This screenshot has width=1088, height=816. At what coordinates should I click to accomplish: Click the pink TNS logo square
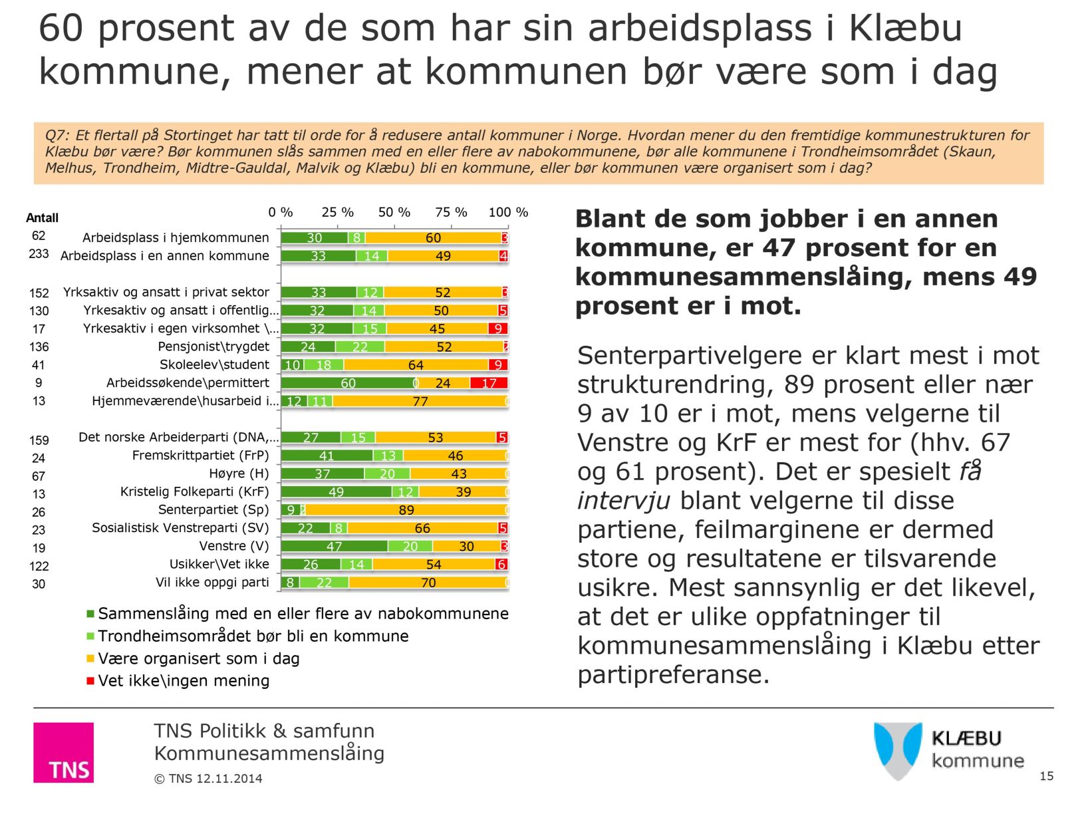pyautogui.click(x=63, y=752)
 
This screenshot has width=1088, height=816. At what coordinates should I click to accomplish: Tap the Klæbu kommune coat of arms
pyautogui.click(x=898, y=750)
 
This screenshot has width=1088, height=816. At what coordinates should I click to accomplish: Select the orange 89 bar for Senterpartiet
pyautogui.click(x=406, y=510)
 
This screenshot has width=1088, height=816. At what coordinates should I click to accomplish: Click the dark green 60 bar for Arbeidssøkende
pyautogui.click(x=348, y=383)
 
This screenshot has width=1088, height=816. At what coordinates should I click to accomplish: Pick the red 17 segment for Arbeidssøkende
pyautogui.click(x=489, y=383)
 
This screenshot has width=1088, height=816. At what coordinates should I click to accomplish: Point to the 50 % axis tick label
pyautogui.click(x=394, y=212)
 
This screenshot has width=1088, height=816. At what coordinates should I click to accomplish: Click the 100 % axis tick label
pyautogui.click(x=508, y=212)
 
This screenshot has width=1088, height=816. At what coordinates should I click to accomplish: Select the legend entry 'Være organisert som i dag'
pyautogui.click(x=198, y=658)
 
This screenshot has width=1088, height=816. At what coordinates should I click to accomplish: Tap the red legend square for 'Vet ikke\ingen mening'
pyautogui.click(x=90, y=680)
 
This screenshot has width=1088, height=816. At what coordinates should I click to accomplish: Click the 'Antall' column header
pyautogui.click(x=42, y=217)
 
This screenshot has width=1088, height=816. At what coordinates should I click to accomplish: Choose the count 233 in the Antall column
pyautogui.click(x=39, y=254)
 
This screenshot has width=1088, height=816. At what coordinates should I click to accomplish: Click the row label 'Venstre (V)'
pyautogui.click(x=234, y=546)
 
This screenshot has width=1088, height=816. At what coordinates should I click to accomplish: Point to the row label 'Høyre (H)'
pyautogui.click(x=239, y=474)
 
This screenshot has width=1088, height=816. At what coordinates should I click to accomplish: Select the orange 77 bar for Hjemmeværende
pyautogui.click(x=420, y=401)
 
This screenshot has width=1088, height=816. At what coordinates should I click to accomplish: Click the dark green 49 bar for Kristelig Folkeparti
pyautogui.click(x=336, y=492)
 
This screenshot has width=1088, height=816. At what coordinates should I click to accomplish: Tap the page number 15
pyautogui.click(x=1046, y=776)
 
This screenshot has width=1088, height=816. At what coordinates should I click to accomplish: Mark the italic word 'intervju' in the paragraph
pyautogui.click(x=623, y=500)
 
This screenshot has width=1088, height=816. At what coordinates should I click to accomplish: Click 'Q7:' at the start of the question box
pyautogui.click(x=57, y=135)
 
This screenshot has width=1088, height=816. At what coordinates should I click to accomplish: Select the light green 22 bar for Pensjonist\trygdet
pyautogui.click(x=360, y=346)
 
